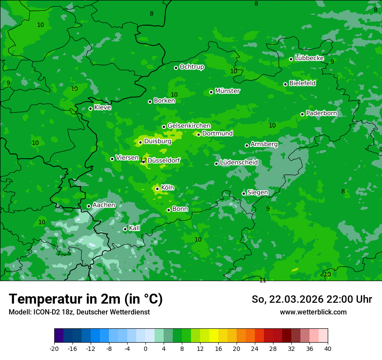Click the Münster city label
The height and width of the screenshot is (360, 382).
[227, 91]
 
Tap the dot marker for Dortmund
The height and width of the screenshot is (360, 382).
[198, 134]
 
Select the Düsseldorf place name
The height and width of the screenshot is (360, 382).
[164, 161]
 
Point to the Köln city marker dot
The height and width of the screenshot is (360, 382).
[157, 189]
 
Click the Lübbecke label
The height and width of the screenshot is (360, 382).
[309, 58]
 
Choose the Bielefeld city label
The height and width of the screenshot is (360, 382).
[302, 83]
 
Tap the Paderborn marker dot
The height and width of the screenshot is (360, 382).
[302, 114]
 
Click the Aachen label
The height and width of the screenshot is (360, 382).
[104, 205]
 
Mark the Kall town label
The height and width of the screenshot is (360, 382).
[134, 228]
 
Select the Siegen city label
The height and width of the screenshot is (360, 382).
[257, 193]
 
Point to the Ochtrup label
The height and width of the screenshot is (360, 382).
[191, 67]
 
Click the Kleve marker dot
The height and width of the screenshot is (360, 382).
[90, 108]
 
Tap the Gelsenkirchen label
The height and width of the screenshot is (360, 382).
[189, 126]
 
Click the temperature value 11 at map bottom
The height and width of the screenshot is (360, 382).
[263, 280]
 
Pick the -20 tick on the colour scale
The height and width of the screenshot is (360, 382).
[54, 349]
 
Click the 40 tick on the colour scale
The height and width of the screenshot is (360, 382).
[328, 349]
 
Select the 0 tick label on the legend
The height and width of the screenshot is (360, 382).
[145, 349]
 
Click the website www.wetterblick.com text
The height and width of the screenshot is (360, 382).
[313, 312]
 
